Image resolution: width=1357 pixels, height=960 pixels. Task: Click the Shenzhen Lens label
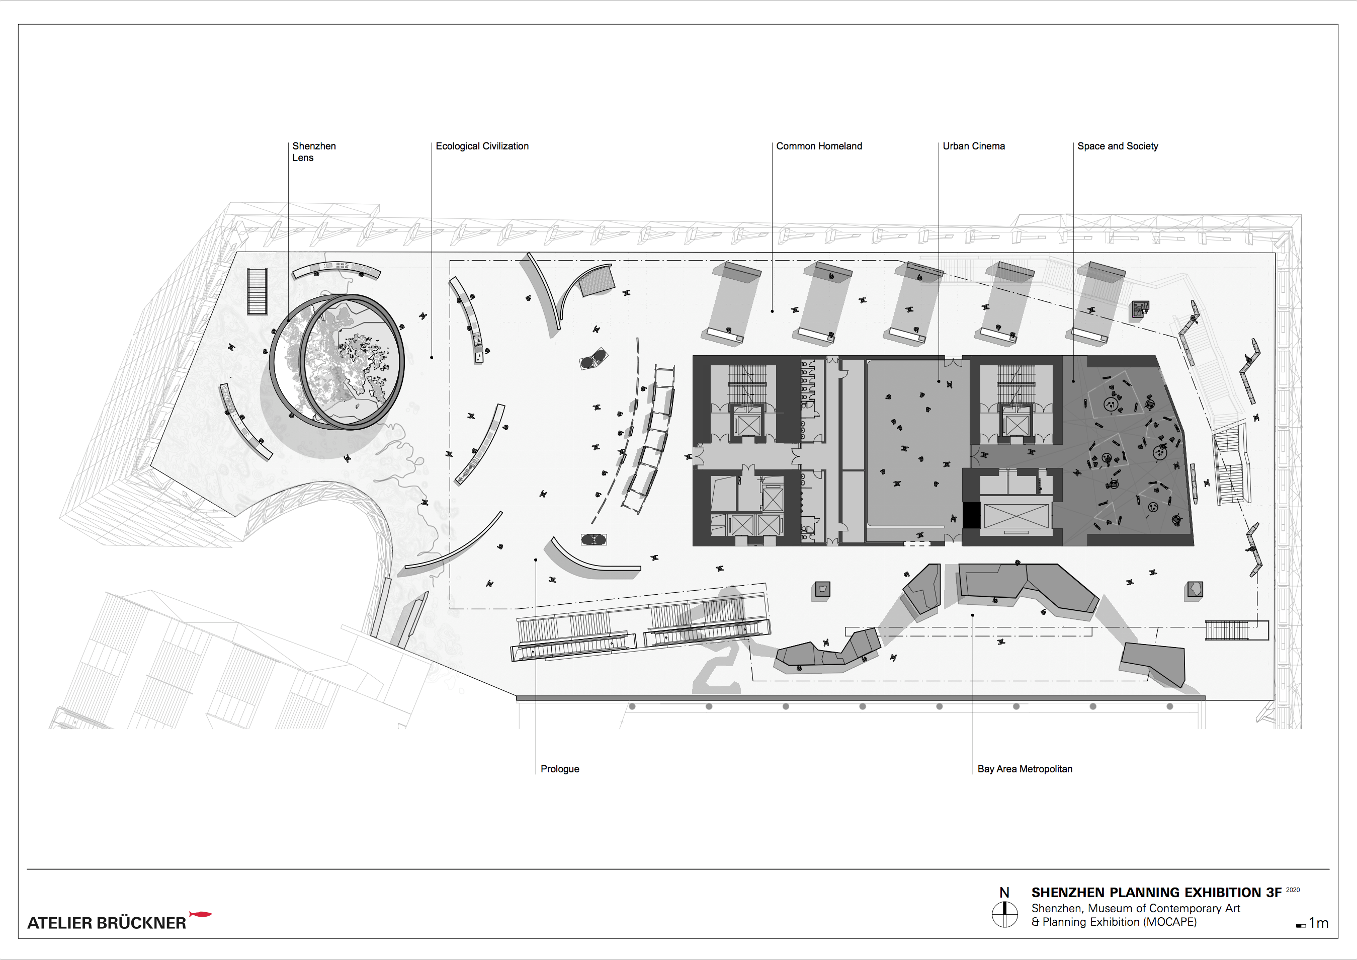pos(313,152)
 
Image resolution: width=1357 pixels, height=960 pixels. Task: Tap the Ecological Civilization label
pos(482,146)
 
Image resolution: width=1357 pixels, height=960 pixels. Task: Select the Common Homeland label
pos(818,146)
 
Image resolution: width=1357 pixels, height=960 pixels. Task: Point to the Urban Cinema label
pos(973,146)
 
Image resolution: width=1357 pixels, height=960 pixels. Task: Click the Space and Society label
pos(1117,146)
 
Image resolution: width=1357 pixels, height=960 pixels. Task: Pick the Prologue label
pos(559,769)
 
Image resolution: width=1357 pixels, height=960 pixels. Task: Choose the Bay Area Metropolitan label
pos(1024,769)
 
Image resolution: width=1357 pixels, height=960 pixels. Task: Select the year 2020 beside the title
pos(1293,890)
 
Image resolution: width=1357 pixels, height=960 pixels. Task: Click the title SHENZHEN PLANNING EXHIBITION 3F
pos(1156,893)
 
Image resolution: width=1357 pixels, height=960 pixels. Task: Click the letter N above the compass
pos(1004,893)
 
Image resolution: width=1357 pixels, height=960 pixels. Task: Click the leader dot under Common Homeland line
pos(772,311)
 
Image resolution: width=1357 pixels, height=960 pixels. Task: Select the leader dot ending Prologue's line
pos(536,560)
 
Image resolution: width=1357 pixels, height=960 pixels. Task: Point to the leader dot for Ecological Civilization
pos(432,358)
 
